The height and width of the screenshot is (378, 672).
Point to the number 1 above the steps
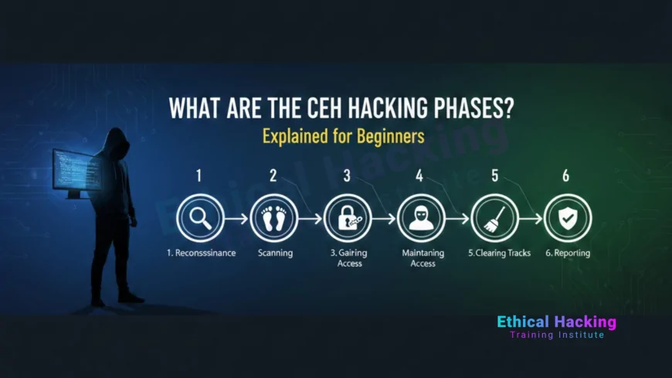pyautogui.click(x=199, y=176)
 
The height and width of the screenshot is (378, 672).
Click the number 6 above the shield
pyautogui.click(x=566, y=176)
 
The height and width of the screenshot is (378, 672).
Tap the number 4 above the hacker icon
pyautogui.click(x=419, y=176)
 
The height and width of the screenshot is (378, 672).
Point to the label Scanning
pyautogui.click(x=274, y=254)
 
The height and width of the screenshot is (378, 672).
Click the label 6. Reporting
pyautogui.click(x=567, y=254)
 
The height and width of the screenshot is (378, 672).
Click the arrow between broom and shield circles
pyautogui.click(x=531, y=220)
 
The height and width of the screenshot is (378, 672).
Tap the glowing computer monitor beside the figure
pyautogui.click(x=73, y=172)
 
